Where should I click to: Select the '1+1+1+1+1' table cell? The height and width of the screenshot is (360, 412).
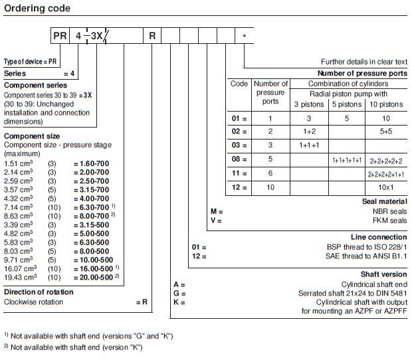click(x=346, y=160)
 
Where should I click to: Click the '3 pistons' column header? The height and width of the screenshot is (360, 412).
click(x=309, y=104)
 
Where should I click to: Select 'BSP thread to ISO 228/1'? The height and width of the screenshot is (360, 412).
click(x=366, y=247)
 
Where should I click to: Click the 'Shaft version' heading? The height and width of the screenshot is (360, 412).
click(x=383, y=273)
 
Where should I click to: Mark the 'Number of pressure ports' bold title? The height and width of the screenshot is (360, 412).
click(x=361, y=73)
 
